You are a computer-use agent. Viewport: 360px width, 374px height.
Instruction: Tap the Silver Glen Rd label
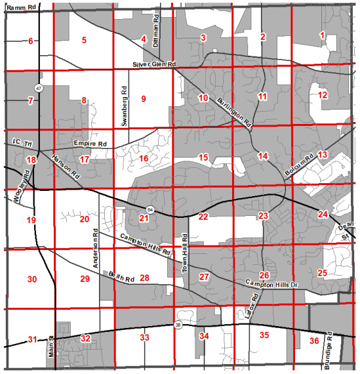pyautogui.click(x=155, y=65)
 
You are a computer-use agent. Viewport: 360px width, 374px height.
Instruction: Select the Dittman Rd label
pyautogui.click(x=157, y=30)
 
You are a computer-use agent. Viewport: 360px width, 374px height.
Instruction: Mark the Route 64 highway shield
pyautogui.click(x=151, y=209)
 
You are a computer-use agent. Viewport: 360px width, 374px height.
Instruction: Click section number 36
pyautogui.click(x=314, y=341)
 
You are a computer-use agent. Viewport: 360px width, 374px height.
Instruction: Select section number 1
pyautogui.click(x=322, y=35)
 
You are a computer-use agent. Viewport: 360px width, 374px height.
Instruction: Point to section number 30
pyautogui.click(x=32, y=280)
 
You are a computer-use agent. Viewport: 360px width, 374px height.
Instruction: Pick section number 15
pyautogui.click(x=203, y=157)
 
